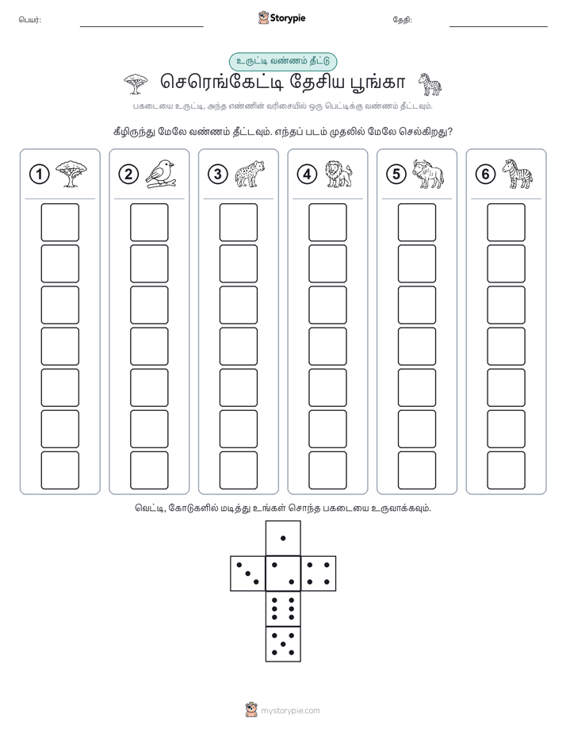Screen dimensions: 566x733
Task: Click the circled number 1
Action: pos(39,175)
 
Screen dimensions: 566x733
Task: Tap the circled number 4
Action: pos(307,175)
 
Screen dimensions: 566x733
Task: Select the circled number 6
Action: pos(485,175)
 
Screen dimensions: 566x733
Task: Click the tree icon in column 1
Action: pos(71,174)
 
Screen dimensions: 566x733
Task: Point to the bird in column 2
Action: pos(160,174)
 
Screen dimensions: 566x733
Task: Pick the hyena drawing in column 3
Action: pos(250,174)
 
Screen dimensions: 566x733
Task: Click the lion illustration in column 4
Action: pos(338,174)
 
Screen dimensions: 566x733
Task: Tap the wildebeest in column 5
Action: pos(428,174)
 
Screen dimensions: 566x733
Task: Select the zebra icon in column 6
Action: pos(518,174)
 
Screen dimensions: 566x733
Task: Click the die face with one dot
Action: pos(283,538)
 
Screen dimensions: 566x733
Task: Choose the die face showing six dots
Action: pos(283,608)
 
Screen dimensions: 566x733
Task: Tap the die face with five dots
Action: pos(283,644)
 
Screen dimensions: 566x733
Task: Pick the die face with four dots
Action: pos(319,574)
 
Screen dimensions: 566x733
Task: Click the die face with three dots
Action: pos(248,574)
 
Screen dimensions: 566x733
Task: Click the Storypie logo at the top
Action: pos(281,18)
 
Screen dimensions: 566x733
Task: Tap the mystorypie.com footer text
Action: pos(290,711)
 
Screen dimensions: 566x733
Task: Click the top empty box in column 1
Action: pos(59,222)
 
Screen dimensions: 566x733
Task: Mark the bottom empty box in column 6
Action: pos(507,470)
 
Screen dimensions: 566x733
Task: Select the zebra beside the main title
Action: pos(430,85)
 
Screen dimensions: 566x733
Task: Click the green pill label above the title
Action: pos(283,62)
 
